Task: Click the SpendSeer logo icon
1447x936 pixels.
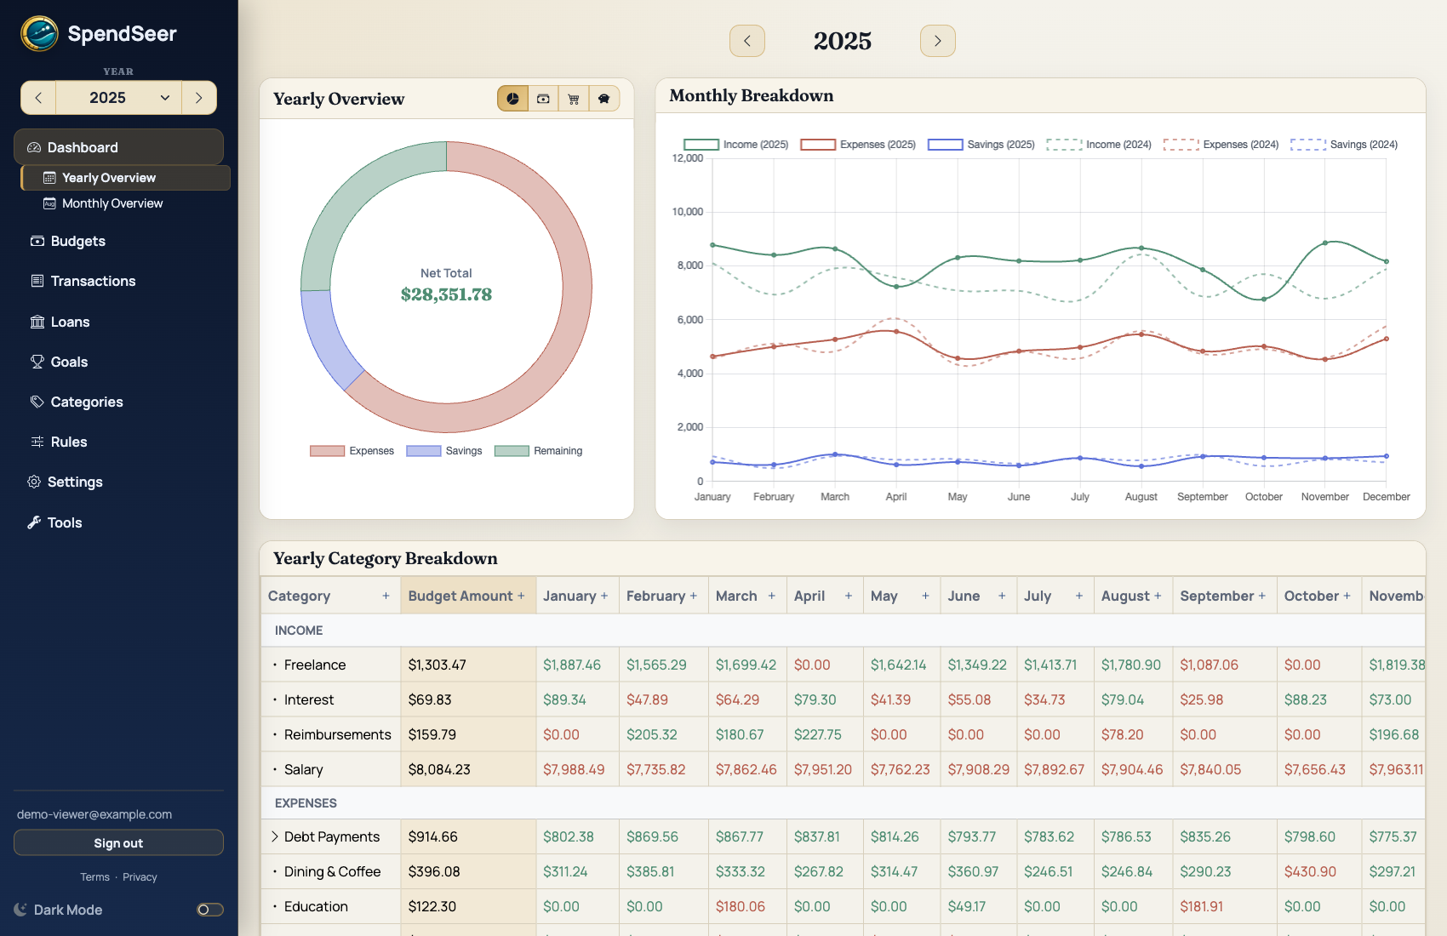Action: [x=39, y=34]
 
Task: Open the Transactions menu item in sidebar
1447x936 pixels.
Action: [x=92, y=281]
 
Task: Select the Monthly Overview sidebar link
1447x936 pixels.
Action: [x=112, y=203]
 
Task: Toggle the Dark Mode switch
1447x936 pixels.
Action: [x=209, y=910]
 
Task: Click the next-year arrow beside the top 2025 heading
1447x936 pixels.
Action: [x=937, y=41]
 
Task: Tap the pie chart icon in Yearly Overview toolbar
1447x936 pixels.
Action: [x=512, y=99]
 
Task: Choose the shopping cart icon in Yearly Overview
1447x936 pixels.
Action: [x=574, y=99]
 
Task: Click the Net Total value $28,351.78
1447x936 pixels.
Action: [x=446, y=294]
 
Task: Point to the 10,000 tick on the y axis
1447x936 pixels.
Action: [x=688, y=212]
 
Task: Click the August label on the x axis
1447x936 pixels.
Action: [x=1141, y=497]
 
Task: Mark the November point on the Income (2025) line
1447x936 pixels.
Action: [x=1325, y=243]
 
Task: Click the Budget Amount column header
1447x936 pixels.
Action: [x=460, y=596]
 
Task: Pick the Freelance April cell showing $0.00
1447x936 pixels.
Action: [x=812, y=665]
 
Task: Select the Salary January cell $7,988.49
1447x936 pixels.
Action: [x=574, y=769]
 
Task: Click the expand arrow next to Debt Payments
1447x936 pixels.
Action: [x=275, y=836]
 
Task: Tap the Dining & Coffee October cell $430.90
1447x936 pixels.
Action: [x=1310, y=871]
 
